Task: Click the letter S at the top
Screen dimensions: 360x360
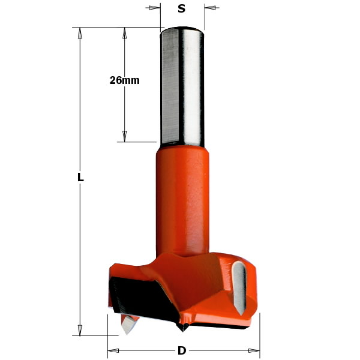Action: (x=182, y=8)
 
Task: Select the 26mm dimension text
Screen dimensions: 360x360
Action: (x=125, y=80)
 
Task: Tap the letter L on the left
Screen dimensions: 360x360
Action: (x=80, y=178)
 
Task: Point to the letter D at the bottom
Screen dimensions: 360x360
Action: (x=182, y=350)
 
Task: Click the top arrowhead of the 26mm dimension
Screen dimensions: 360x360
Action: (x=125, y=32)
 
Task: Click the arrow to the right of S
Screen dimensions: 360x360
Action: (x=210, y=8)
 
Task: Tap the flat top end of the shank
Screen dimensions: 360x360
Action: (x=182, y=28)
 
